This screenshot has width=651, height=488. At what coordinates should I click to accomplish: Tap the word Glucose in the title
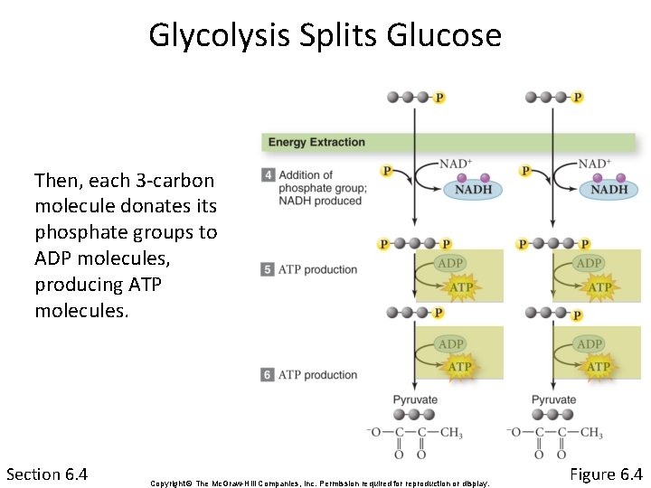click(x=443, y=36)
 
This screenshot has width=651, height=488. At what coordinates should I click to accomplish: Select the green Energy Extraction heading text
click(x=316, y=142)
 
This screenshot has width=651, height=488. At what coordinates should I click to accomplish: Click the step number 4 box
click(x=268, y=175)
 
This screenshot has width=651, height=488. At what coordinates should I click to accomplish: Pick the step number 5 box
click(x=268, y=269)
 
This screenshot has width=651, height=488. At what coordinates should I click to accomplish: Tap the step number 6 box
click(x=268, y=374)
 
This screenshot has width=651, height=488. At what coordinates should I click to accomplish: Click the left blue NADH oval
click(x=473, y=190)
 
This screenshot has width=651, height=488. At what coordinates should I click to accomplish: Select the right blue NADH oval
click(x=609, y=190)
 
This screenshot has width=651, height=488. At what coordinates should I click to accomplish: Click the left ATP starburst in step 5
click(x=461, y=287)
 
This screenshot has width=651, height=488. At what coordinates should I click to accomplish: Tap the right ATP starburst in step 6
click(x=599, y=366)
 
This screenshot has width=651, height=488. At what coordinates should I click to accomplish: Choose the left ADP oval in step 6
click(x=451, y=343)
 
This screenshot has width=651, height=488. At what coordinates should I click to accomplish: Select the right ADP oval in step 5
click(x=590, y=263)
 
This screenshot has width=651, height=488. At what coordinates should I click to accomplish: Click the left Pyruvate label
click(x=415, y=399)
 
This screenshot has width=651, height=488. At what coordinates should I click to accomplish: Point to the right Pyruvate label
click(x=553, y=399)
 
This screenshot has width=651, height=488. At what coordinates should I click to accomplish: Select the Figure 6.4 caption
click(x=606, y=474)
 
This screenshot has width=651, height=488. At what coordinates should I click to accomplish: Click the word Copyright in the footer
click(x=167, y=483)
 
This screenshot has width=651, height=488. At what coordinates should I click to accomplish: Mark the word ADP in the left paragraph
click(x=53, y=258)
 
